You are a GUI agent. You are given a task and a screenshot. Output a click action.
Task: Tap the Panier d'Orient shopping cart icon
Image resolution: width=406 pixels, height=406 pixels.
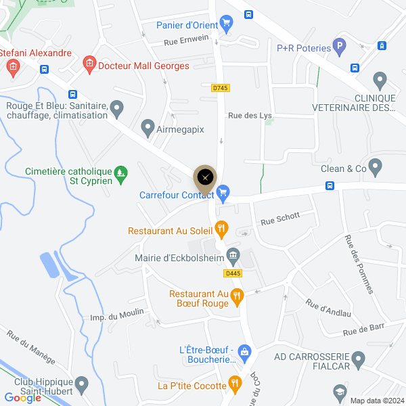pyautogui.click(x=227, y=26)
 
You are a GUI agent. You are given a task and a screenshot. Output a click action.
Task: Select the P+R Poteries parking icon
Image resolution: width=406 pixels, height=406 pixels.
pyautogui.click(x=340, y=47)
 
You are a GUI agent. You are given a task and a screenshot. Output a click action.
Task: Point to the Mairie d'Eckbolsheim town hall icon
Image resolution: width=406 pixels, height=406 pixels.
pyautogui.click(x=233, y=255)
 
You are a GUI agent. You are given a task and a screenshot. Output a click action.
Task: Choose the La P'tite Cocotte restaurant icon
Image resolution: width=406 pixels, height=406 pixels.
pyautogui.click(x=235, y=385)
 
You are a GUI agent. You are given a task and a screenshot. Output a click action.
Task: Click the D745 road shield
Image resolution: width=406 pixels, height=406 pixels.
pyautogui.click(x=220, y=87)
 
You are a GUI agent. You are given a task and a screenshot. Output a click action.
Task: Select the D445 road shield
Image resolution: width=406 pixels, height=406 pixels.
pyautogui.click(x=233, y=273)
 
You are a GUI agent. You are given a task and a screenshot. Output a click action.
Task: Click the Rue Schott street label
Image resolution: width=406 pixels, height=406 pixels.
pyautogui.click(x=279, y=218)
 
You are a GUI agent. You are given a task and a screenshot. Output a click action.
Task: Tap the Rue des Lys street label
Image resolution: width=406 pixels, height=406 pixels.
pyautogui.click(x=250, y=116)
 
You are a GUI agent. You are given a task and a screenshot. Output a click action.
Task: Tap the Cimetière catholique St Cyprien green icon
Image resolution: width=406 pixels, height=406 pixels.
pyautogui.click(x=120, y=174)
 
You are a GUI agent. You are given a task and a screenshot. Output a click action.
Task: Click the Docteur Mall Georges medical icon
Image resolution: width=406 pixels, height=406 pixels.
pyautogui.click(x=89, y=65)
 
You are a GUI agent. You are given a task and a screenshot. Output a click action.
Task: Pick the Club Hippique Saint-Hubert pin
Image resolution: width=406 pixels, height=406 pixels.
pyautogui.click(x=82, y=386)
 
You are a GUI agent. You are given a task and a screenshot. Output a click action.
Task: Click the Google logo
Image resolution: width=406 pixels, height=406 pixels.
pyautogui.click(x=23, y=398)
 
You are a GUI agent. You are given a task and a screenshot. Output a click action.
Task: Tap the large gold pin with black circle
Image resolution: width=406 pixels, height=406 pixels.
pyautogui.click(x=205, y=178)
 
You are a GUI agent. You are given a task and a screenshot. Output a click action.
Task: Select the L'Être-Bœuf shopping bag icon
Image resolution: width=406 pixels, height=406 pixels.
pyautogui.click(x=244, y=351)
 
